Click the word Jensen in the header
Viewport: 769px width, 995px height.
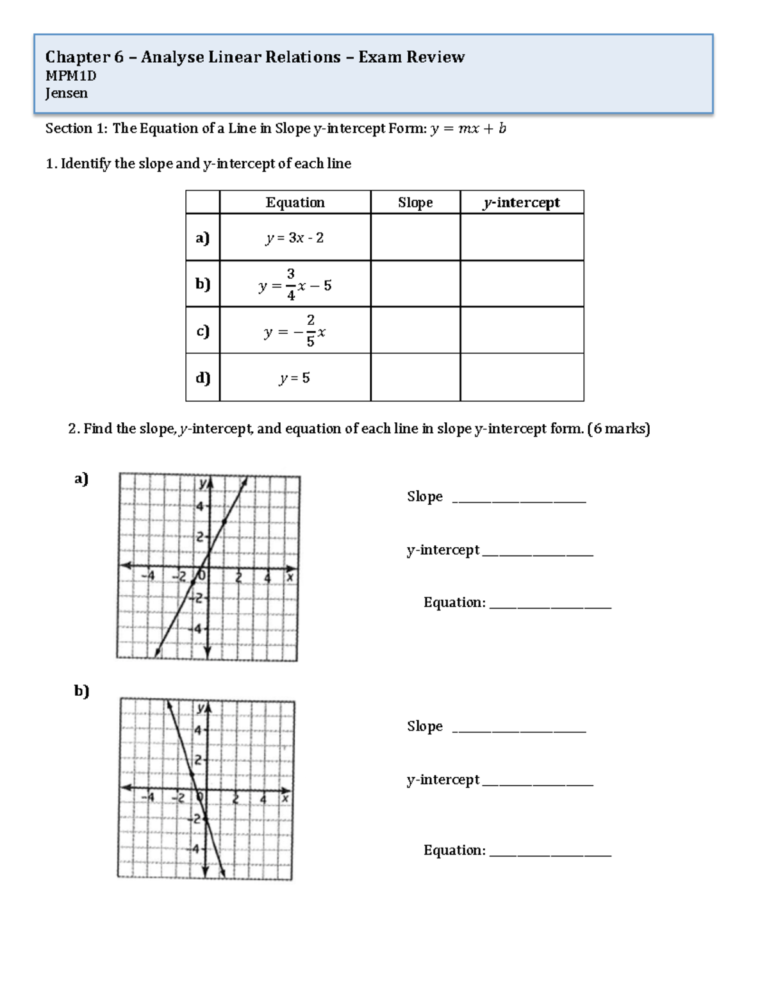66,94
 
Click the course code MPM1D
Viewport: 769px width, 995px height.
70,76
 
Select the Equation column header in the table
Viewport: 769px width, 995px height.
295,202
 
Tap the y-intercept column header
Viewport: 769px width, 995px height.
522,202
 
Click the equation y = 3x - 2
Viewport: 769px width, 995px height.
295,238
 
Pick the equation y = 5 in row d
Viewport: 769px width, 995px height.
295,378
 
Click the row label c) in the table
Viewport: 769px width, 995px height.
203,331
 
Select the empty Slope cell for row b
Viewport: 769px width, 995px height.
415,284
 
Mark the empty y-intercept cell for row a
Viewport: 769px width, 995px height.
522,238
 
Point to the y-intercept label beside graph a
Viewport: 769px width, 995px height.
443,550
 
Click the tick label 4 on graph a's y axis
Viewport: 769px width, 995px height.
199,506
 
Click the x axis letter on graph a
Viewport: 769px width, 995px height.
290,577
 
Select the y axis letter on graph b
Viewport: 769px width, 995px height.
201,708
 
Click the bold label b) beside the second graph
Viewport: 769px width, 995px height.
81,691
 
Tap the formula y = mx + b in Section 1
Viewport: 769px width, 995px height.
468,129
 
